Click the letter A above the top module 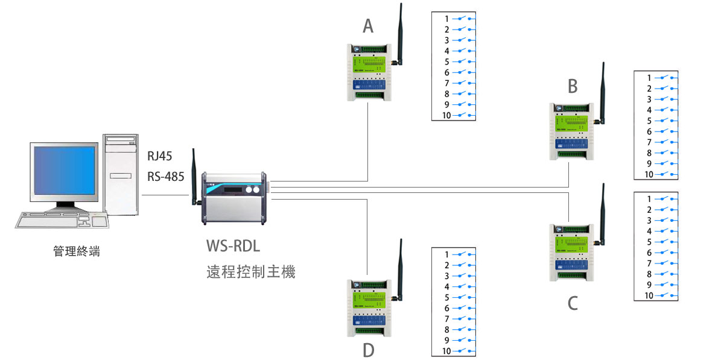368,26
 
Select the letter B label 573,86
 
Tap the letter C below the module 573,302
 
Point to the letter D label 368,350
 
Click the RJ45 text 159,157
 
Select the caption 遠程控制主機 250,272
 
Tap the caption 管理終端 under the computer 76,251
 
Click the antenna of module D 400,268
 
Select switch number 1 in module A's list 465,19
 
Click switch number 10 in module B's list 667,174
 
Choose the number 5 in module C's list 650,242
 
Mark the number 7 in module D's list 447,318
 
